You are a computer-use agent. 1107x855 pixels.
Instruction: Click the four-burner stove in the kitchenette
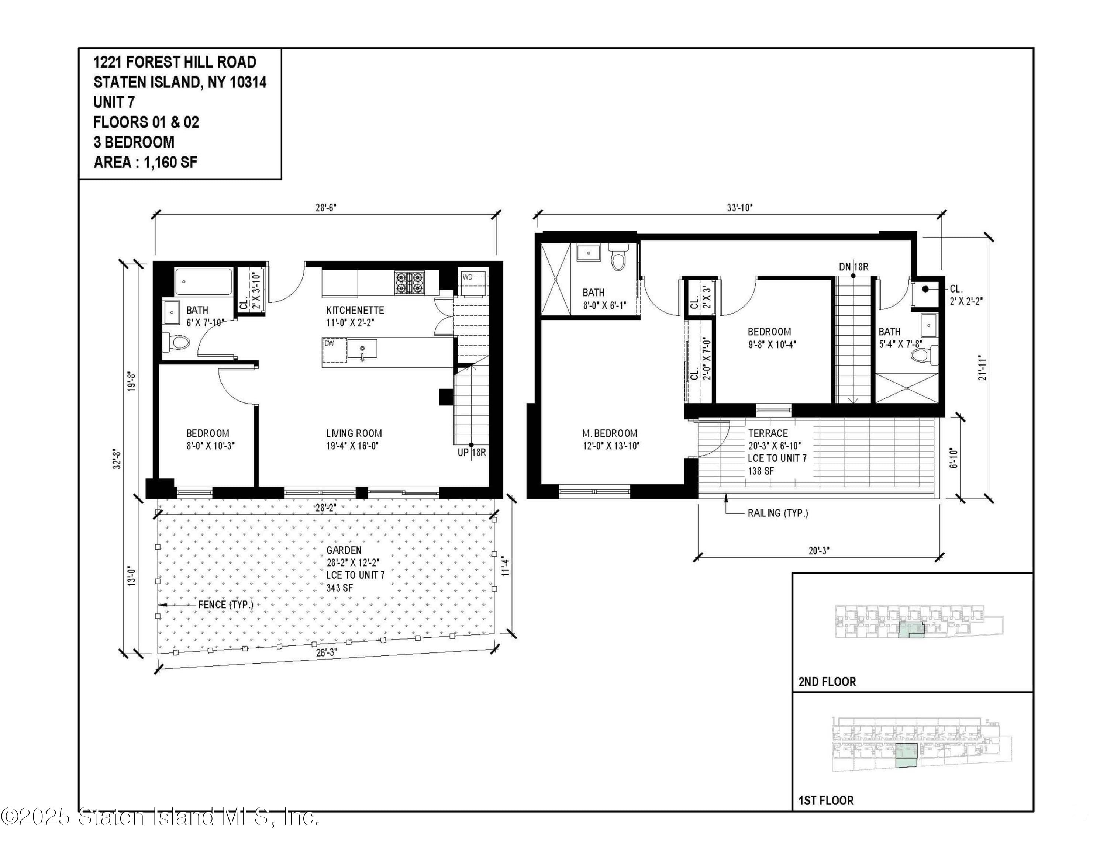[410, 283]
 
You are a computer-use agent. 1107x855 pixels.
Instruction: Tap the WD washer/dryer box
[472, 284]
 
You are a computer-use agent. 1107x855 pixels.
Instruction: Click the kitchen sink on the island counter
[362, 350]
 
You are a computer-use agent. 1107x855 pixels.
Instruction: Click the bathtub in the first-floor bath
[204, 282]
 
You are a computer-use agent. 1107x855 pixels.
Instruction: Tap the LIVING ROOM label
[354, 433]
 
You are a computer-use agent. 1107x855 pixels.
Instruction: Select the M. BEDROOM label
[610, 433]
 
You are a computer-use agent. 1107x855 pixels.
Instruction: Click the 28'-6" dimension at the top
[326, 208]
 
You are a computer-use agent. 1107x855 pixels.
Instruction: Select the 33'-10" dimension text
[739, 208]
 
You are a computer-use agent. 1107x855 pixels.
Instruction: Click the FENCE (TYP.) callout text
[225, 605]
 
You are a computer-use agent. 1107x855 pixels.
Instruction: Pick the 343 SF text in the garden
[339, 588]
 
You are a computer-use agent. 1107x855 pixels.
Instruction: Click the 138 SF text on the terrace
[761, 471]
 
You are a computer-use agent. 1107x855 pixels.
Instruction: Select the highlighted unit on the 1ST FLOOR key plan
[907, 756]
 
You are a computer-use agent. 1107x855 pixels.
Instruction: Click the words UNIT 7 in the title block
[114, 102]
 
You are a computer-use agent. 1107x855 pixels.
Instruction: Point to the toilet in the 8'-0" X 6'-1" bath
[618, 258]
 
